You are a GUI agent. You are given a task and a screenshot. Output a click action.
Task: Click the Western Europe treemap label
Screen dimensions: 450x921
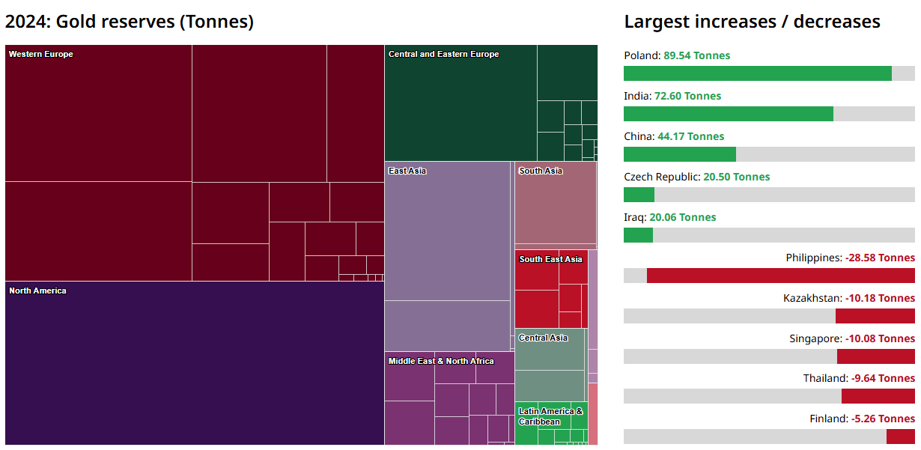click(41, 54)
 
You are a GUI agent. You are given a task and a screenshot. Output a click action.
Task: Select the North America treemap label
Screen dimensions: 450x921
click(37, 291)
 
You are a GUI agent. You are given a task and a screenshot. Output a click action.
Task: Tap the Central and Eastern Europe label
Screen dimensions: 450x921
click(443, 54)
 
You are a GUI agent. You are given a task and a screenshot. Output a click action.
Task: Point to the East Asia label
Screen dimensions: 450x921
click(407, 171)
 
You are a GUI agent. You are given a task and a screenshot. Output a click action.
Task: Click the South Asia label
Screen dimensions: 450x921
click(541, 171)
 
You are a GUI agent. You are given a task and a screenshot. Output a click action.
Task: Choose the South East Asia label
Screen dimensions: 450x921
click(550, 259)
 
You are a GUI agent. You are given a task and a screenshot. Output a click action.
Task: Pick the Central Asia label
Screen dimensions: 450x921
click(543, 338)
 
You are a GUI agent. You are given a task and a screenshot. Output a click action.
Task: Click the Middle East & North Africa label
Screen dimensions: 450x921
click(441, 361)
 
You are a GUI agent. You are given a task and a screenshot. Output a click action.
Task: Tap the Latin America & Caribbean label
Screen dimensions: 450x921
click(550, 416)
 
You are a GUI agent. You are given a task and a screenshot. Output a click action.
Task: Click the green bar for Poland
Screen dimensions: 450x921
click(757, 73)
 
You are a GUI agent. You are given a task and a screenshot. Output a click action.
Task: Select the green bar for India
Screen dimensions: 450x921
click(728, 114)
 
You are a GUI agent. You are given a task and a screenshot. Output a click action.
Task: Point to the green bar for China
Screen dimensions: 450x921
click(679, 154)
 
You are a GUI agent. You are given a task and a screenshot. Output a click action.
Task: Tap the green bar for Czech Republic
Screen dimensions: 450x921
click(639, 195)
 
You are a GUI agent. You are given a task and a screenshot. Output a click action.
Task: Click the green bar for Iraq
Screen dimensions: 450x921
click(638, 235)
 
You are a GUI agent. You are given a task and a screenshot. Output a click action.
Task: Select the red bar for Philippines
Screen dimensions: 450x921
click(780, 276)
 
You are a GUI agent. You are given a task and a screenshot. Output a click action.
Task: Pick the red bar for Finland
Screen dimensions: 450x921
click(900, 437)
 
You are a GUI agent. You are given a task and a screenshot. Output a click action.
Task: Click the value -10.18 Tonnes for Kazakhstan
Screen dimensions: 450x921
click(880, 298)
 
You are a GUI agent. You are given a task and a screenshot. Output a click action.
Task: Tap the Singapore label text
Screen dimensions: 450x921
click(812, 338)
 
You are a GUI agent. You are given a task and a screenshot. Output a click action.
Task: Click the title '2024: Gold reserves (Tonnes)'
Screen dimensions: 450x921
click(130, 22)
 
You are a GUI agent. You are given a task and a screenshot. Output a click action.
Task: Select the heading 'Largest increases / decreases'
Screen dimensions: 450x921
click(752, 22)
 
